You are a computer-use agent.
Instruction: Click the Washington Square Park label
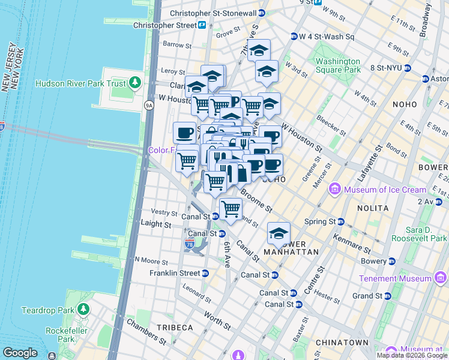[x=338, y=65]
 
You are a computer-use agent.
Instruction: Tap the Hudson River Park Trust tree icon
[x=136, y=83]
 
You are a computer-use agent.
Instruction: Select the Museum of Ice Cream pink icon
[x=336, y=190]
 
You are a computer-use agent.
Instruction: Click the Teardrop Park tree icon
[x=83, y=310]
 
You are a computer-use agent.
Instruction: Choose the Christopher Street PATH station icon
[x=203, y=25]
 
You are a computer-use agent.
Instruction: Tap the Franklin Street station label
[x=175, y=273]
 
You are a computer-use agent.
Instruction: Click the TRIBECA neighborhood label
[x=175, y=328]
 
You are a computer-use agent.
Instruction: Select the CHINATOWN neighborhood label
[x=344, y=343]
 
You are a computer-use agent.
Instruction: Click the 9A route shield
[x=149, y=106]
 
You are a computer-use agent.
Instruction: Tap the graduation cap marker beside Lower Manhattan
[x=279, y=233]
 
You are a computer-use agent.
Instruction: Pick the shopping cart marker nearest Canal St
[x=231, y=209]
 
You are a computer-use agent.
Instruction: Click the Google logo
[x=20, y=353]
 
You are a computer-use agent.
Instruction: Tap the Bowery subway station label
[x=373, y=261]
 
